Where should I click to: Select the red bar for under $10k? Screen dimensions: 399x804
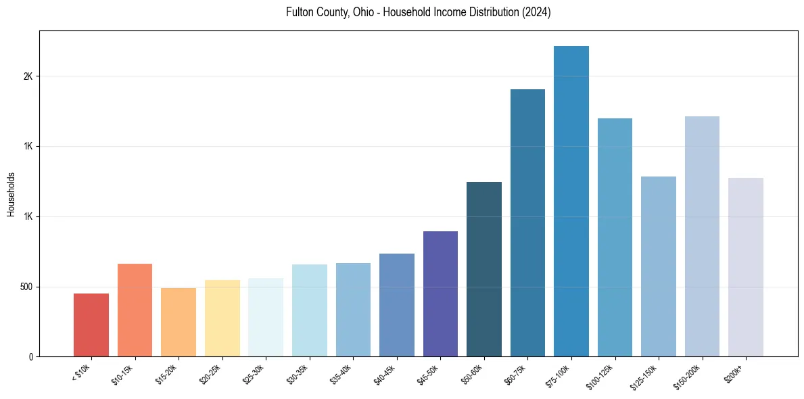pos(91,325)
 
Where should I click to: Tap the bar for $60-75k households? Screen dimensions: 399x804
pos(527,222)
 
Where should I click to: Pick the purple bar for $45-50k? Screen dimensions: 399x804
pos(440,294)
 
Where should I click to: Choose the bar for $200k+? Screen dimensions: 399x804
pos(746,267)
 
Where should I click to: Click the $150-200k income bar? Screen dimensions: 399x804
pos(702,236)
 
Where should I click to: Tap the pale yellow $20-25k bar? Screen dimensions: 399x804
pos(222,318)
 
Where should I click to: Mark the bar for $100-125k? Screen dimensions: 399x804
pos(615,237)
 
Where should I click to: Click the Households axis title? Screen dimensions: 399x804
pos(11,194)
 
